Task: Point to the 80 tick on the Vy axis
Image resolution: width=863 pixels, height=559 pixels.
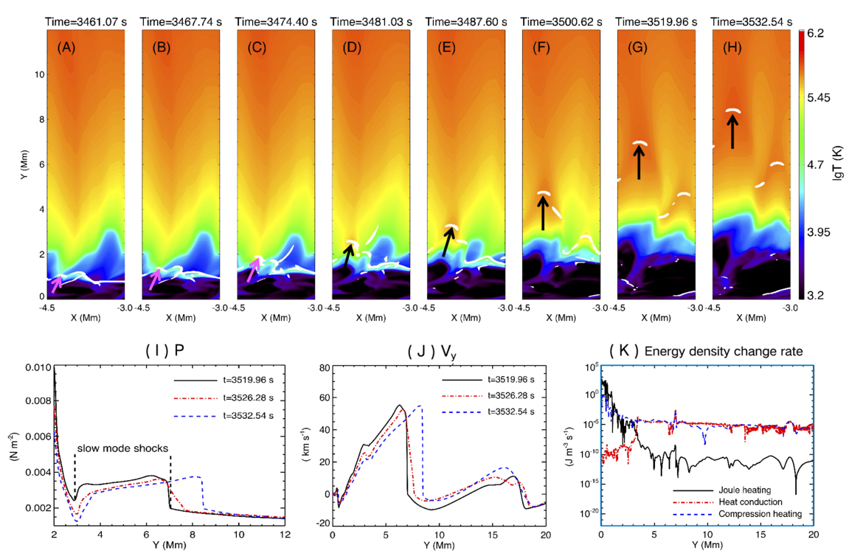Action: pyautogui.click(x=323, y=367)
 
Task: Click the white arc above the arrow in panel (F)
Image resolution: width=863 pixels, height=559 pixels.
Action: pyautogui.click(x=544, y=193)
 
